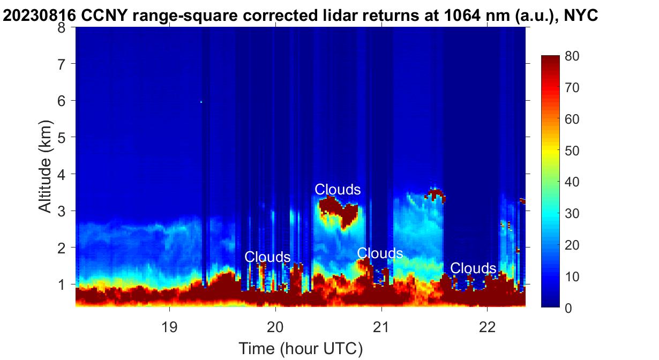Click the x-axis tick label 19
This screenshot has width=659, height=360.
[x=169, y=327]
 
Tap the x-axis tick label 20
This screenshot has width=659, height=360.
[x=275, y=327]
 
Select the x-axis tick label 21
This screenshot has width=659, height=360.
[x=381, y=327]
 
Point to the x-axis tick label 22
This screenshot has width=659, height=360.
[x=488, y=327]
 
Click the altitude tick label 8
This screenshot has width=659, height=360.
[x=61, y=28]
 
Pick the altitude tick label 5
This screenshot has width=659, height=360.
[x=61, y=138]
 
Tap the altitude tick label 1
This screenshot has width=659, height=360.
[x=61, y=284]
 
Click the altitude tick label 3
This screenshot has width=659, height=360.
[x=61, y=211]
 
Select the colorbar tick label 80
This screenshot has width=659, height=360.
[x=572, y=56]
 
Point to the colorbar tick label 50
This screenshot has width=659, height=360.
[x=572, y=151]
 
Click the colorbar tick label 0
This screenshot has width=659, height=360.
[x=568, y=308]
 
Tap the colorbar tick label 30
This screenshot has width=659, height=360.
[x=572, y=214]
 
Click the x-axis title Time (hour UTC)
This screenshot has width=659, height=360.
[x=301, y=349]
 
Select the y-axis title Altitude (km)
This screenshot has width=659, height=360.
[x=46, y=166]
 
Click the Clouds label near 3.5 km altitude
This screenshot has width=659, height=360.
[x=338, y=190]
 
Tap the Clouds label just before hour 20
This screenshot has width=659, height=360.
[x=267, y=257]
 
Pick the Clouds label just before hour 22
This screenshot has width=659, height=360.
[x=473, y=268]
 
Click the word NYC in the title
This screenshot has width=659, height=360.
[x=580, y=16]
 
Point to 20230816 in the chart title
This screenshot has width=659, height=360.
[x=39, y=16]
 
